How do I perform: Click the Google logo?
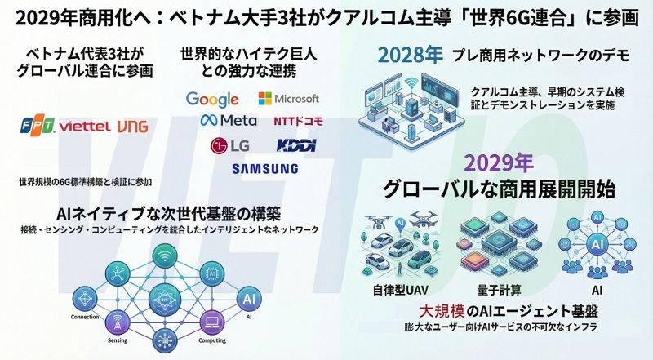point(212,100)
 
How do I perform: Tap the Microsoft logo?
point(288,99)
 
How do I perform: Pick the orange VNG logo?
point(132,127)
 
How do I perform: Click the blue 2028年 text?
point(410,56)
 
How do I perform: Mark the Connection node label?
point(85,317)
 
